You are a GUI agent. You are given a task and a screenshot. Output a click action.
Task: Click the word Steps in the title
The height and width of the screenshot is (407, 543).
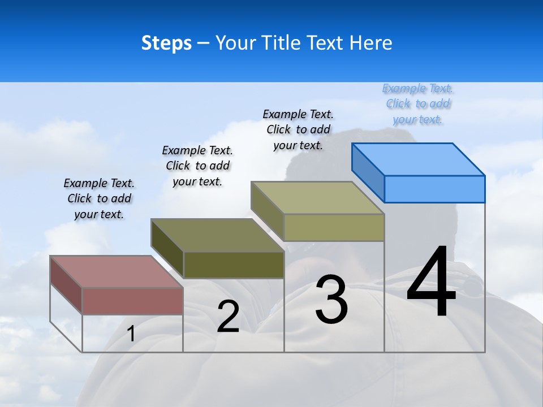click(166, 43)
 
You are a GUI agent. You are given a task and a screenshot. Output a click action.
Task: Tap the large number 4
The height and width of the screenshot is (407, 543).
click(431, 283)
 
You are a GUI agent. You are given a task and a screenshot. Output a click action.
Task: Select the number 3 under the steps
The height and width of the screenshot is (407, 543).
click(331, 300)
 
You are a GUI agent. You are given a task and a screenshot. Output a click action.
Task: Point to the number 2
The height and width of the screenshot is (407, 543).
click(228, 317)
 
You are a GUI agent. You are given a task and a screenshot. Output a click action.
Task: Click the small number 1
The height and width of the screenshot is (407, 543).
click(131, 334)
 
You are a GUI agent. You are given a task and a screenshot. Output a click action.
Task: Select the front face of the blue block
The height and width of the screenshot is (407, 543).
click(434, 189)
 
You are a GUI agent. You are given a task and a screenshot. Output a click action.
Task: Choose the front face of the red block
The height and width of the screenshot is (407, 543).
click(132, 301)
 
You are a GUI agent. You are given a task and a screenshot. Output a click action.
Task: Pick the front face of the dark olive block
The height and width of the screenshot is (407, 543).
click(234, 265)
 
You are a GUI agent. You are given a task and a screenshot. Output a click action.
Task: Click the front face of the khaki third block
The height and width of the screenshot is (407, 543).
click(334, 227)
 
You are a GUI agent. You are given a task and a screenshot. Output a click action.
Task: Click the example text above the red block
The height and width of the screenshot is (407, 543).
click(99, 198)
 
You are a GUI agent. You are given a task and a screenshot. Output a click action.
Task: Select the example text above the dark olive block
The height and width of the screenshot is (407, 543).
click(197, 166)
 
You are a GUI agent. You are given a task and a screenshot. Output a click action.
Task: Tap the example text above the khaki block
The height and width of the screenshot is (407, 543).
click(298, 129)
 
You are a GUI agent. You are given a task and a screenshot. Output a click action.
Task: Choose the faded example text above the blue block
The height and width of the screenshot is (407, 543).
click(418, 103)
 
